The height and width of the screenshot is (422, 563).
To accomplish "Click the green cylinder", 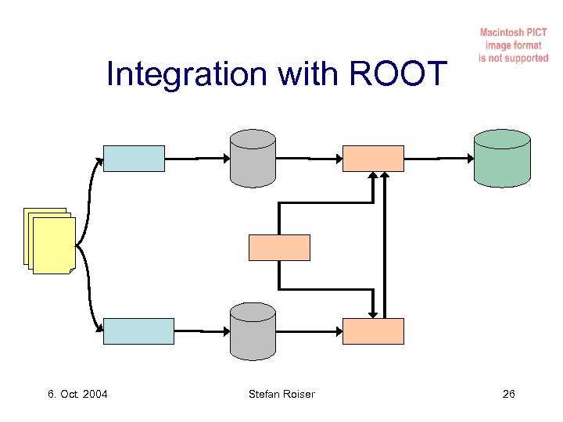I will [x=502, y=158].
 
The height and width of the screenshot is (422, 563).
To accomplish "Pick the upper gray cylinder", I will [x=253, y=159].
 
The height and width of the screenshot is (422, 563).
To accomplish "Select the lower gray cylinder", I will [x=253, y=331].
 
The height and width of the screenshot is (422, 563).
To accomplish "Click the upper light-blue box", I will [x=134, y=158].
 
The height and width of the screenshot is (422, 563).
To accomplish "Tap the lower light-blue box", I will [x=139, y=331].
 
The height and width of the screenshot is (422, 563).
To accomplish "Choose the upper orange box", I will [x=374, y=158].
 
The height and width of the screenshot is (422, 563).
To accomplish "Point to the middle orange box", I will [x=279, y=247].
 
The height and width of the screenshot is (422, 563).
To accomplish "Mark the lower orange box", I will [x=374, y=331].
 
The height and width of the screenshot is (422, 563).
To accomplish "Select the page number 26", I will [x=508, y=394].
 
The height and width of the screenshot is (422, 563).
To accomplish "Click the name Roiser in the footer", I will [x=298, y=394].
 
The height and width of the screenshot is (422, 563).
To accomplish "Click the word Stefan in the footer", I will [x=264, y=394].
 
